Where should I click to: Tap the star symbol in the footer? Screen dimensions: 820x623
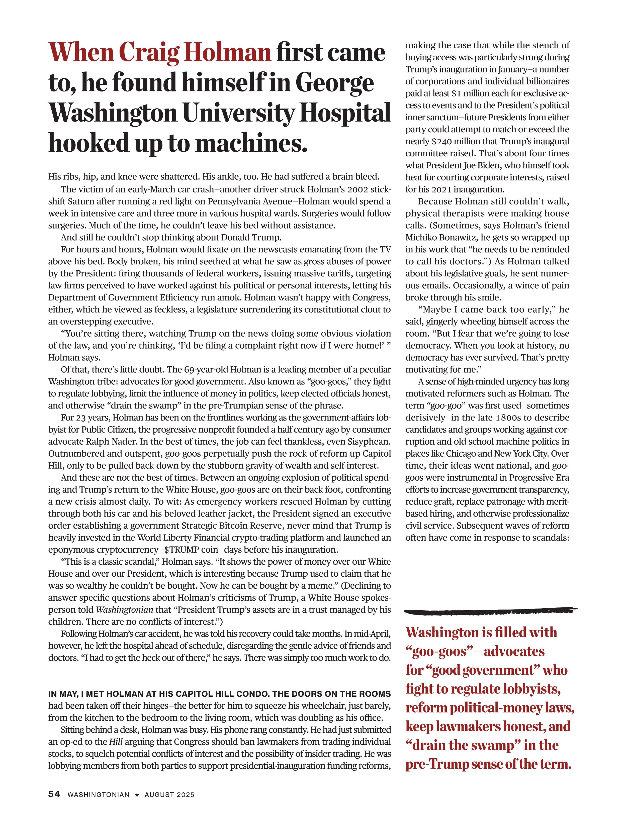pos(137,795)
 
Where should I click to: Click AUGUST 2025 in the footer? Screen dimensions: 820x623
pos(169,795)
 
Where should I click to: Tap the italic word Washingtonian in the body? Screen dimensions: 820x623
pos(125,609)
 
